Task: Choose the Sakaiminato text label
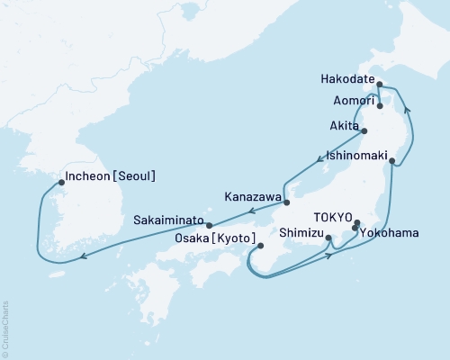point(167,219)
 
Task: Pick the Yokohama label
point(389,233)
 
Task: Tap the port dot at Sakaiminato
point(209,225)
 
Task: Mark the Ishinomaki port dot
point(392,160)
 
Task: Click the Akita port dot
point(364,130)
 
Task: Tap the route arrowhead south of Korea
point(83,256)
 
